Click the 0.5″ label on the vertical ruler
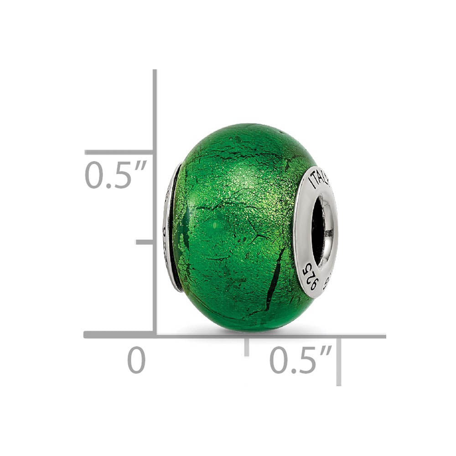tap(115, 176)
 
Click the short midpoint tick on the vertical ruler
tap(145, 242)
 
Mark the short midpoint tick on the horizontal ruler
tap(247, 347)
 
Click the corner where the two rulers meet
tap(155, 335)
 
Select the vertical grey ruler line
tap(155, 114)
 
